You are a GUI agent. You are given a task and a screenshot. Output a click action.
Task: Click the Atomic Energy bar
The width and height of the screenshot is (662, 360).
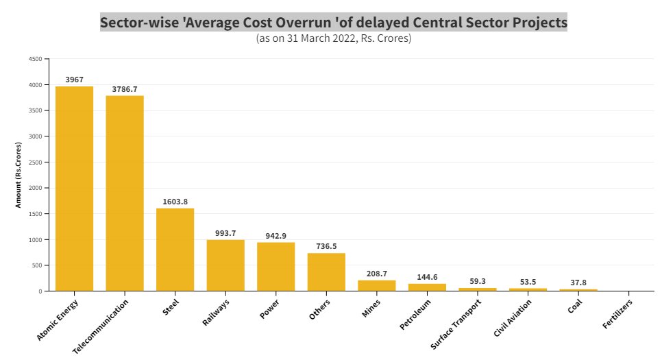(x=74, y=189)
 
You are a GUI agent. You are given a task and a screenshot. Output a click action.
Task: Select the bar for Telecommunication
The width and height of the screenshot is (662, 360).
(x=125, y=193)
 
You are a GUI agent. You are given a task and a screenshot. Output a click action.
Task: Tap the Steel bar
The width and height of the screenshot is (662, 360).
(x=175, y=250)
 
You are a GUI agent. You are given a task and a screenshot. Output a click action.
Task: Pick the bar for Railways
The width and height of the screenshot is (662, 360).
(x=225, y=265)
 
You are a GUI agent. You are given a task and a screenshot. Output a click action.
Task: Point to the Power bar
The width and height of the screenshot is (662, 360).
(x=276, y=267)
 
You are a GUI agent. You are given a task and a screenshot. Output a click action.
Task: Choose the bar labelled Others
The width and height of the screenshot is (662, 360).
(x=326, y=272)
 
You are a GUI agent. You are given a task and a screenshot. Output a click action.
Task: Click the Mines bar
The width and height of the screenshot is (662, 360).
(x=377, y=285)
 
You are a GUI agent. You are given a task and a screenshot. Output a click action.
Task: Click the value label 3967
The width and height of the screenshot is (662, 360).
(x=74, y=80)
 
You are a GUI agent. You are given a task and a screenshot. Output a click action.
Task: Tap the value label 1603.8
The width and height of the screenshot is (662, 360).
(x=175, y=202)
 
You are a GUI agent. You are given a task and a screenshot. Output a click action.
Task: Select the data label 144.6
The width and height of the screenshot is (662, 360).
(x=427, y=278)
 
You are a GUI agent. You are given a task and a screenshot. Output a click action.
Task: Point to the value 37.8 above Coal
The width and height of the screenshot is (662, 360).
(x=578, y=283)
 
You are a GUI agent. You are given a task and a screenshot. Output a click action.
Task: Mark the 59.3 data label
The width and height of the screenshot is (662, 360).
(x=478, y=281)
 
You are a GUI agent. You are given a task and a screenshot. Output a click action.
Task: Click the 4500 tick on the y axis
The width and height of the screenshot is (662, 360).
(x=34, y=59)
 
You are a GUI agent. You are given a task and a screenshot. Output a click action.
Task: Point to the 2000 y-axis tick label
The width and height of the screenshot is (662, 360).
(x=34, y=188)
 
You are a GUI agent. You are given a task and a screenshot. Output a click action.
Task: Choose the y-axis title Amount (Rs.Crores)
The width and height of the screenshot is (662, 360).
(x=19, y=175)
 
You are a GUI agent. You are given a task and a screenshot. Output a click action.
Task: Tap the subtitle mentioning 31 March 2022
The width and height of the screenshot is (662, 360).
(x=334, y=38)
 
